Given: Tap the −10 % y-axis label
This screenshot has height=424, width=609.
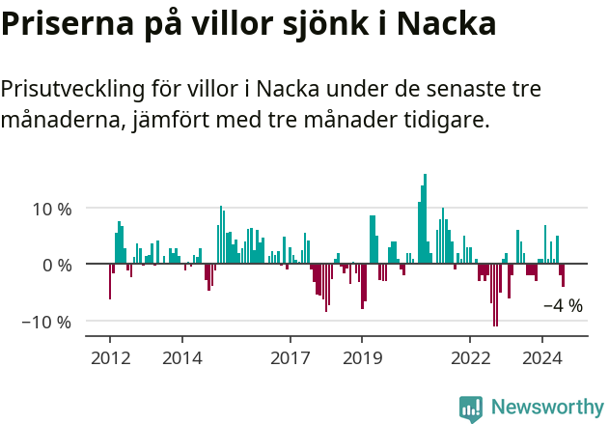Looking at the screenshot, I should coord(46,322).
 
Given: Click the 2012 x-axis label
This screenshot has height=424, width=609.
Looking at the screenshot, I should coord(109,358).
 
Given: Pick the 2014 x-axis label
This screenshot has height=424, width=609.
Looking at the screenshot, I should coord(181,358).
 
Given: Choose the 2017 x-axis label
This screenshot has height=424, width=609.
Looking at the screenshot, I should coord(290,358).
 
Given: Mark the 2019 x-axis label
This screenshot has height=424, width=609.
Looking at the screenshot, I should coord(362,358).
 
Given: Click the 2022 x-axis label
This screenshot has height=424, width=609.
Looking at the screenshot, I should coord(470,358).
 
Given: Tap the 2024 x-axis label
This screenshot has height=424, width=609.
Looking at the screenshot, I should coord(542,358).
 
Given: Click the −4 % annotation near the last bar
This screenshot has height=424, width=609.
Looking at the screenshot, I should coord(563,306).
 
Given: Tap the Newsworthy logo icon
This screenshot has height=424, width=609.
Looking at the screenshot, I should coord(471,409).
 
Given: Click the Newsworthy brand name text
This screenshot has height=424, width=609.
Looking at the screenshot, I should coord(546,408).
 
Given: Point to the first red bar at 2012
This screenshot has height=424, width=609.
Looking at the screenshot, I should coord(109,281).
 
